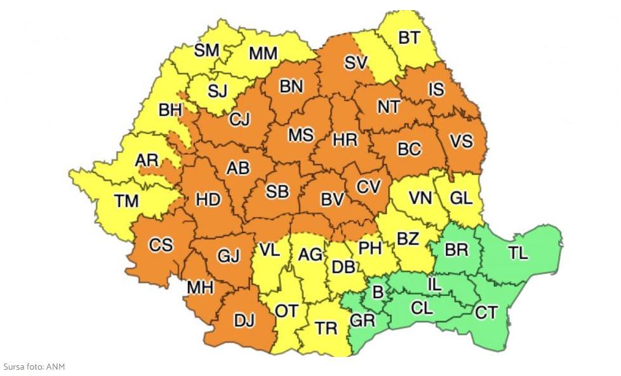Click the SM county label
pyautogui.click(x=206, y=50)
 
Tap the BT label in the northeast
pyautogui.click(x=409, y=38)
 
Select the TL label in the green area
pyautogui.click(x=517, y=253)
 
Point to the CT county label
pyautogui.click(x=486, y=312)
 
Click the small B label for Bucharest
pyautogui.click(x=377, y=293)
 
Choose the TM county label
pyautogui.click(x=126, y=201)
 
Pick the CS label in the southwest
pyautogui.click(x=161, y=245)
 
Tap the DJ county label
pyautogui.click(x=244, y=321)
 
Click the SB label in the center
pyautogui.click(x=277, y=191)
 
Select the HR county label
pyautogui.click(x=345, y=140)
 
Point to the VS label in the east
pyautogui.click(x=461, y=141)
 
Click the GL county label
pyautogui.click(x=461, y=198)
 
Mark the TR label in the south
pyautogui.click(x=326, y=328)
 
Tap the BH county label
pyautogui.click(x=170, y=110)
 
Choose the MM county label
pyautogui.click(x=263, y=54)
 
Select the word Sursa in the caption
pyautogui.click(x=14, y=367)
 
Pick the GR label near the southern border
pyautogui.click(x=363, y=321)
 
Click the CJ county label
pyautogui.click(x=239, y=119)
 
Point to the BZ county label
pyautogui.click(x=408, y=239)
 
